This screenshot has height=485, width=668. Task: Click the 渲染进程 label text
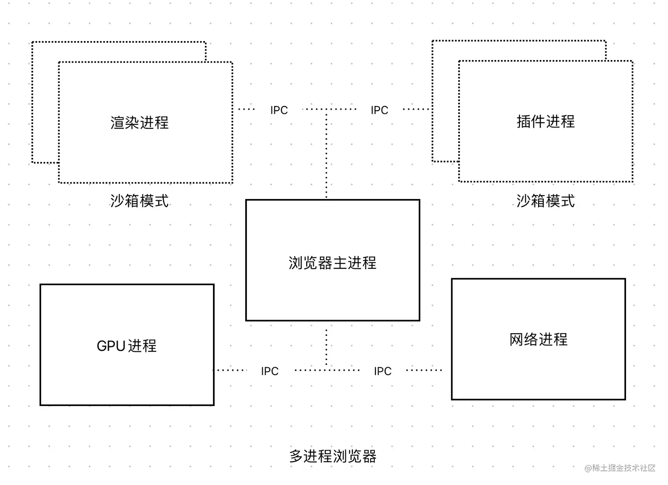pyautogui.click(x=140, y=123)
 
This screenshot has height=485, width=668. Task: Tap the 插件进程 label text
pyautogui.click(x=546, y=121)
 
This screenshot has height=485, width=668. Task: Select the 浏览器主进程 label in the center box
pyautogui.click(x=332, y=263)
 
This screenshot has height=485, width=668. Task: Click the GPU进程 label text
pyautogui.click(x=127, y=346)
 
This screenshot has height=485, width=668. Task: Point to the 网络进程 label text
pyautogui.click(x=538, y=339)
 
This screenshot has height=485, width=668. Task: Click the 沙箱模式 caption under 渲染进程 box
pyautogui.click(x=140, y=201)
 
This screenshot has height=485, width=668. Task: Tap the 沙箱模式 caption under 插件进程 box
pyautogui.click(x=546, y=201)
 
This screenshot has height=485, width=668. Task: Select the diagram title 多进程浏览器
pyautogui.click(x=332, y=456)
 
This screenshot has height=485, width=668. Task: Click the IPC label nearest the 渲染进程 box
pyautogui.click(x=279, y=110)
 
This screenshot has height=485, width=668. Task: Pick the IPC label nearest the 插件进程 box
pyautogui.click(x=380, y=110)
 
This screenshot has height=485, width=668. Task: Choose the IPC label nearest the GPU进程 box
pyautogui.click(x=269, y=371)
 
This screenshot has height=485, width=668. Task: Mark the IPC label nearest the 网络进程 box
pyautogui.click(x=383, y=371)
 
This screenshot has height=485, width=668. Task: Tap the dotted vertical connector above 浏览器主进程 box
pyautogui.click(x=326, y=154)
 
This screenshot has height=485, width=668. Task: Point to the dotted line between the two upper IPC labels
pyautogui.click(x=329, y=109)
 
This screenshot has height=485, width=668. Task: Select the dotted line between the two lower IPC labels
pyautogui.click(x=327, y=370)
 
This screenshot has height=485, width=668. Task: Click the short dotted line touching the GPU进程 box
pyautogui.click(x=230, y=370)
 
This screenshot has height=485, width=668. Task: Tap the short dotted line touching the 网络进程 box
pyautogui.click(x=424, y=370)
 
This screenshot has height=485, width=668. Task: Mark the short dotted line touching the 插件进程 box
pyautogui.click(x=416, y=109)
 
